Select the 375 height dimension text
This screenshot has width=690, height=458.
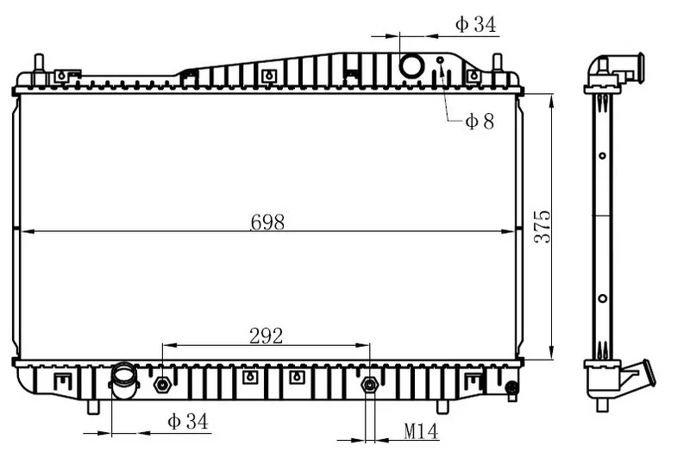point(543,226)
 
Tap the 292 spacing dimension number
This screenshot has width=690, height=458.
point(267,336)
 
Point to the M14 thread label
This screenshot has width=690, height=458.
point(421,431)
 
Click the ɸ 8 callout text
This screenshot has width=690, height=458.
point(480,121)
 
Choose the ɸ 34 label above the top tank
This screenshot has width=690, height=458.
point(476,24)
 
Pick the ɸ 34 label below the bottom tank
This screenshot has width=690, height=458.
point(187,422)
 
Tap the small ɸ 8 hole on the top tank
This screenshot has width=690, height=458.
point(440,60)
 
